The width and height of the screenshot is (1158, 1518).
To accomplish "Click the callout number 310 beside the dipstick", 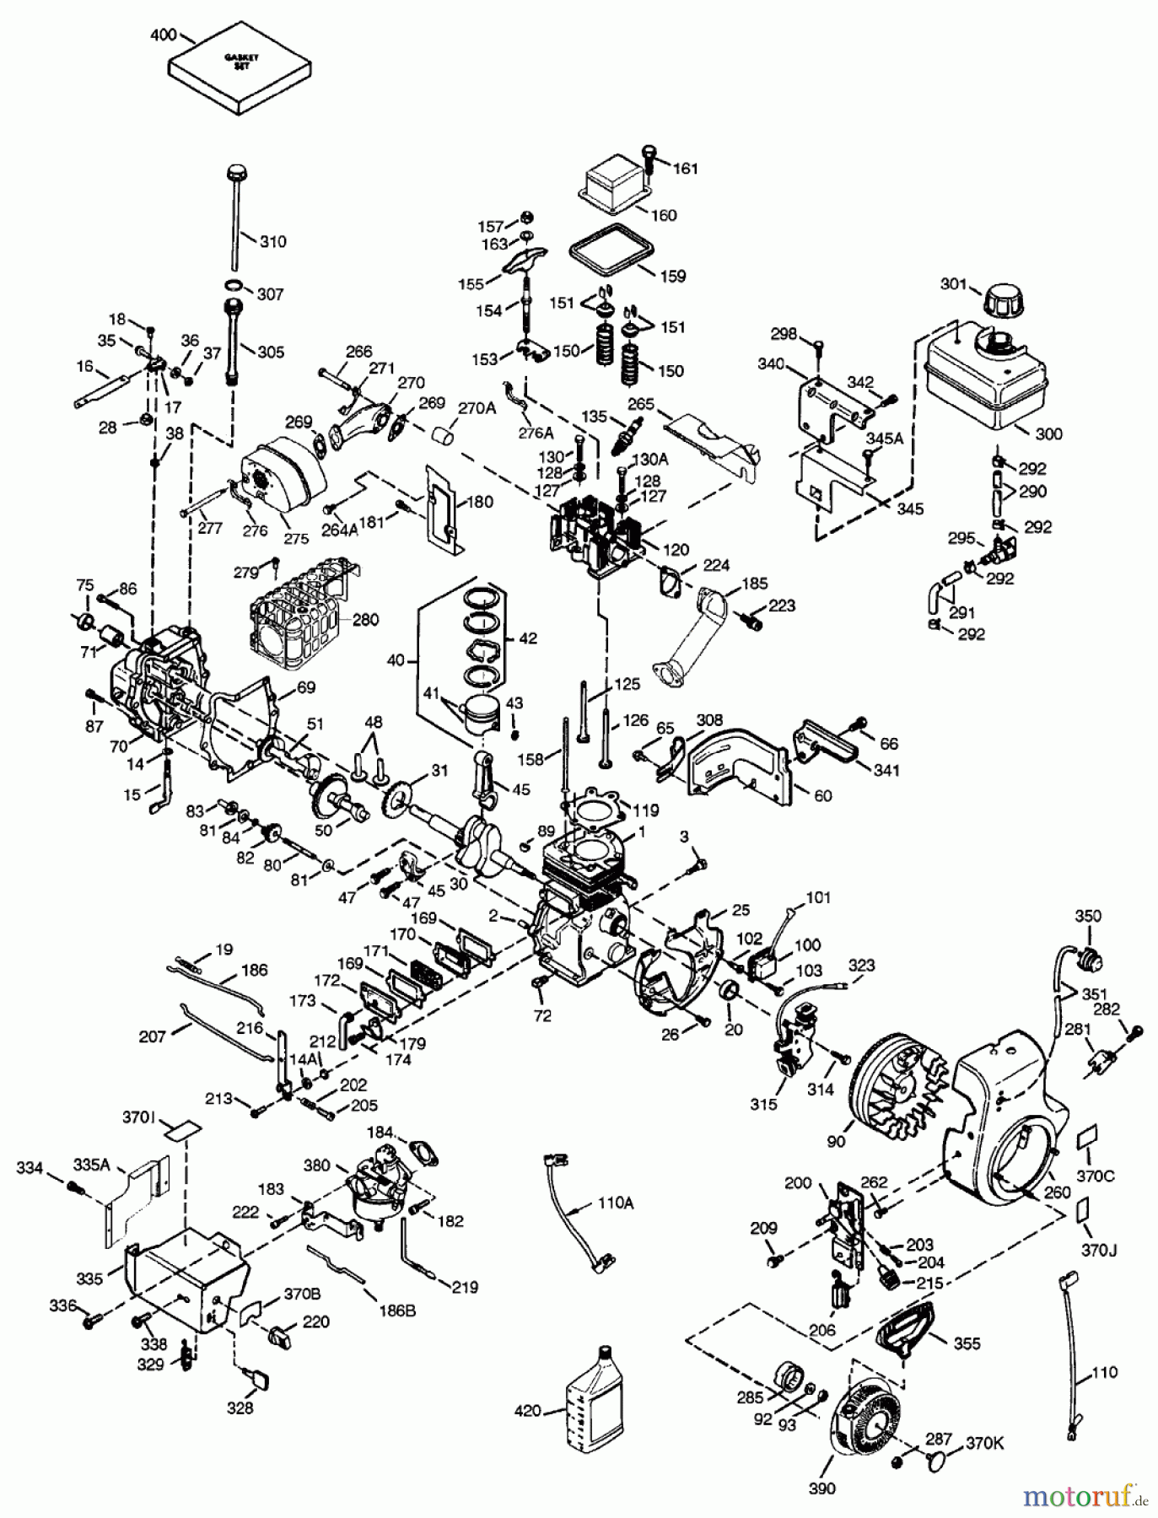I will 272,242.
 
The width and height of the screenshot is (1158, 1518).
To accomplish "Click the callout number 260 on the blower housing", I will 1057,1192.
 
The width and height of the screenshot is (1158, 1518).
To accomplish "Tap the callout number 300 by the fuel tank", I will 1048,433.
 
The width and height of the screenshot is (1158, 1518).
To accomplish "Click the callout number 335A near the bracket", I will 92,1166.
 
